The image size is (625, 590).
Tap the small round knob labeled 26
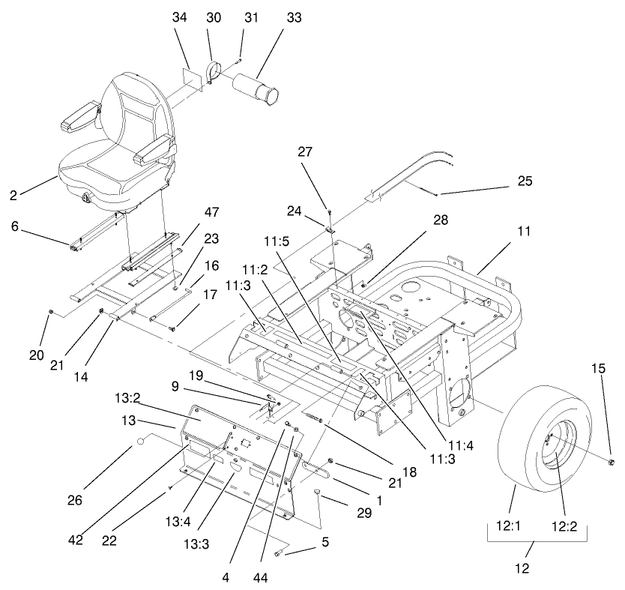pyautogui.click(x=139, y=445)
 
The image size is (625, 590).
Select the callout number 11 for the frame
pyautogui.click(x=523, y=232)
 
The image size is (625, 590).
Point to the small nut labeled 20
pyautogui.click(x=50, y=310)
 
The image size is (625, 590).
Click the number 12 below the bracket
pyautogui.click(x=523, y=568)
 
